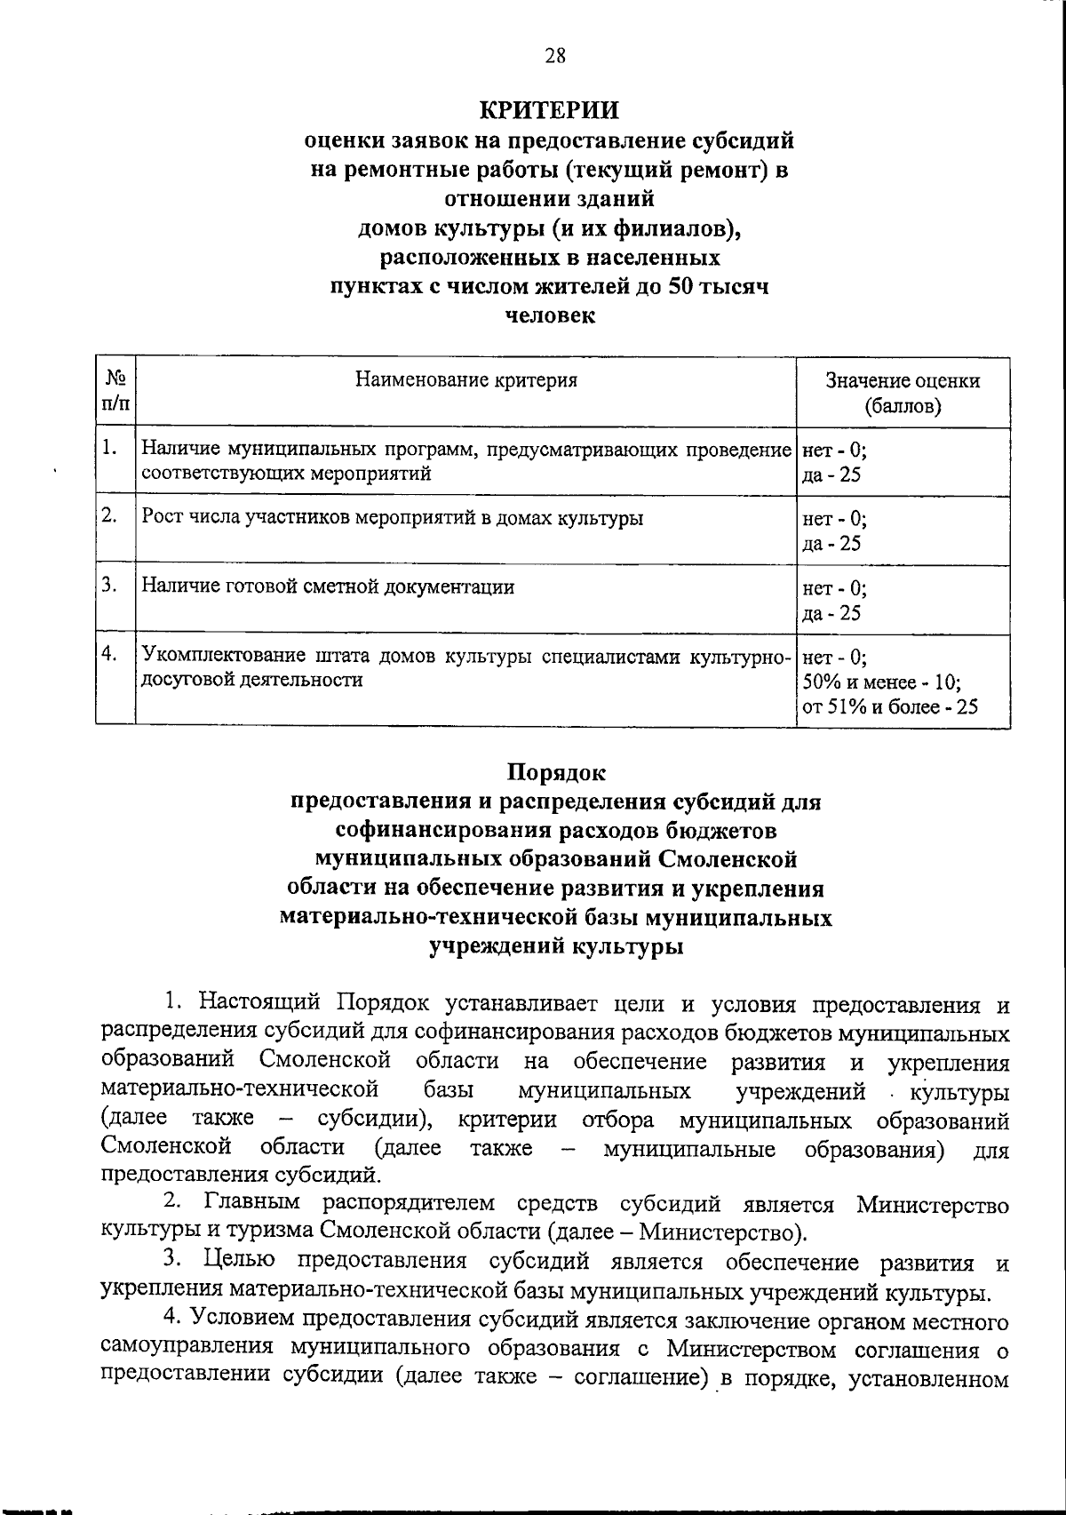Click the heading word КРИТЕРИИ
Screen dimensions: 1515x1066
coord(548,110)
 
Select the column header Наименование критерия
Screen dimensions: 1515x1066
coord(466,381)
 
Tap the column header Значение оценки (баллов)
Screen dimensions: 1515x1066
coord(903,394)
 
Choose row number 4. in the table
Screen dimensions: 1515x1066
coord(109,655)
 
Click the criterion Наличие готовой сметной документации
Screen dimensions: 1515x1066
coord(328,586)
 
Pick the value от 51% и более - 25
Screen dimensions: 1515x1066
coord(890,707)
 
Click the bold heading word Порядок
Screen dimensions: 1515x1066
coord(556,773)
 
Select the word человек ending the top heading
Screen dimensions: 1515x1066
coord(549,315)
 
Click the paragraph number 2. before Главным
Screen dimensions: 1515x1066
coord(174,1204)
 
